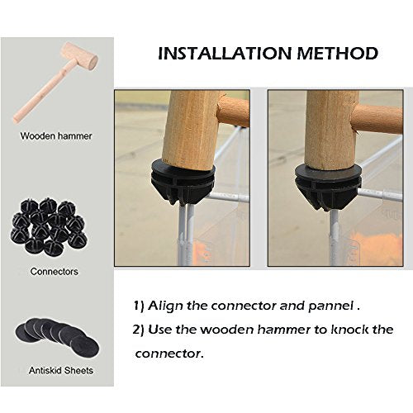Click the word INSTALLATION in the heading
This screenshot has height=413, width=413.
[x=225, y=54]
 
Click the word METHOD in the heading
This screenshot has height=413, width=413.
[x=337, y=54]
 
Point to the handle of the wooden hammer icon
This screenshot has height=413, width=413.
[x=41, y=93]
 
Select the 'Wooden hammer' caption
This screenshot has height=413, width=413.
[x=56, y=135]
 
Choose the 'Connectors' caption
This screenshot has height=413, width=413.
[x=55, y=272]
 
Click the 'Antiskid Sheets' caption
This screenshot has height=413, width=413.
[x=61, y=371]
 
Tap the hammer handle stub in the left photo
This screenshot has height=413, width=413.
[x=234, y=111]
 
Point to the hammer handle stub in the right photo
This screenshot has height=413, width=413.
[x=377, y=119]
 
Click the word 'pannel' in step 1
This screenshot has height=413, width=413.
[x=330, y=306]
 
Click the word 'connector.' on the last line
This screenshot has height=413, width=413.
[x=169, y=354]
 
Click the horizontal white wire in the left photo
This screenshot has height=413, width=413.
[x=228, y=197]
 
